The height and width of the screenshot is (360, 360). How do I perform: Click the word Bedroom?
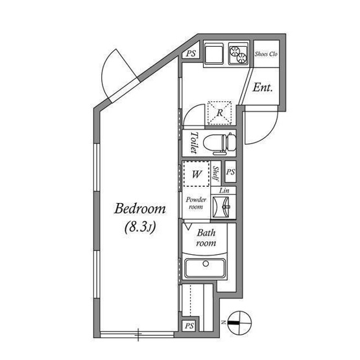140,208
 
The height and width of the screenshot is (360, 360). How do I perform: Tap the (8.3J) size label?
140,227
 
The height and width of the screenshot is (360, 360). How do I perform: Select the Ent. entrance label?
263,88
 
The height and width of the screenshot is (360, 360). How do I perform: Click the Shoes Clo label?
266,54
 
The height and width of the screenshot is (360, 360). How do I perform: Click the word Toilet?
194,142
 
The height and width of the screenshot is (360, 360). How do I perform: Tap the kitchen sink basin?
214,54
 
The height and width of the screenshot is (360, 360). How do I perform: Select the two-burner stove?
238,54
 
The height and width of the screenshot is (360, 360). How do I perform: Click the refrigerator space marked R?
219,113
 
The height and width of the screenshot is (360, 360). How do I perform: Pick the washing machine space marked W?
197,174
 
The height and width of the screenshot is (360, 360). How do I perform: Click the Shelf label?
216,173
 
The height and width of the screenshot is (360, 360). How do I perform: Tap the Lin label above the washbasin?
224,190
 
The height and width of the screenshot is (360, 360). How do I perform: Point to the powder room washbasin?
221,207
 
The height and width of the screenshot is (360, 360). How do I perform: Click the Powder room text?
196,203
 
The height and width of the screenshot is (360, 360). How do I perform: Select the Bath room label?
206,237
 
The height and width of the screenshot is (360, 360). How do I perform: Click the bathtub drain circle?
206,263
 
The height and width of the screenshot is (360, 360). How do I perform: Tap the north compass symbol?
239,323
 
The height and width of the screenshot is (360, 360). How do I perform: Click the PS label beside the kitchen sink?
191,53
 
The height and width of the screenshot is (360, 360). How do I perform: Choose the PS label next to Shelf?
231,172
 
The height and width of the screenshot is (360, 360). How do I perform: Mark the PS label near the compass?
189,326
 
